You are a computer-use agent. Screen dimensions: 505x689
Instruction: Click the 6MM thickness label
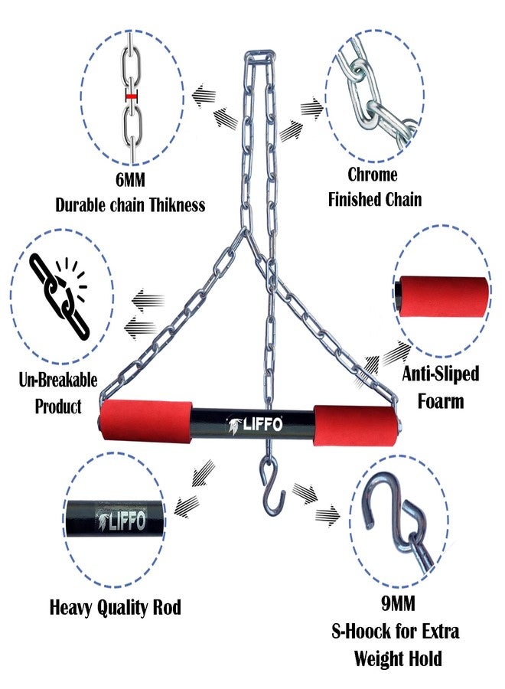[x=130, y=179]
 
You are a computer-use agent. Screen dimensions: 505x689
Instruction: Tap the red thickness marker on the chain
[x=132, y=95]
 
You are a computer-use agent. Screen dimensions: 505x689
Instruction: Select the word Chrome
[x=373, y=175]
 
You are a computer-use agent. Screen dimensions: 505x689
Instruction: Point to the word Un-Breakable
[x=58, y=380]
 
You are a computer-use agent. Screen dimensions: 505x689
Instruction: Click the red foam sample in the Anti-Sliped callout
[x=441, y=297]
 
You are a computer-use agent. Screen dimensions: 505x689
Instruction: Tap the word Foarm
[x=441, y=401]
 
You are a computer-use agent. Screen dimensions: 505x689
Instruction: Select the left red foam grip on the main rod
[x=146, y=420]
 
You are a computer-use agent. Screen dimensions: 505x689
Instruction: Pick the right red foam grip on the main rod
[x=355, y=426]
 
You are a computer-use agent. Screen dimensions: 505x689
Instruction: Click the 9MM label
[x=398, y=604]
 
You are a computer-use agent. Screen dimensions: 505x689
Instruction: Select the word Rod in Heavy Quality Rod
[x=167, y=607]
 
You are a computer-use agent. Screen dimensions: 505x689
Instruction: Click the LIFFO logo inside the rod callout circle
[x=121, y=521]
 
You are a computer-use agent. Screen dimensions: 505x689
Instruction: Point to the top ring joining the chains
[x=260, y=56]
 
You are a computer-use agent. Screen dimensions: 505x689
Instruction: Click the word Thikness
[x=177, y=204]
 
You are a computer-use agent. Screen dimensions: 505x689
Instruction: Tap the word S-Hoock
[x=360, y=632]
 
